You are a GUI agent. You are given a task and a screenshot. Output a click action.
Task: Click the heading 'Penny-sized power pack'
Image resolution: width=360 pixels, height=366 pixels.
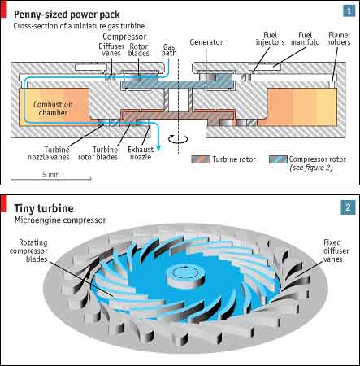point(67,15)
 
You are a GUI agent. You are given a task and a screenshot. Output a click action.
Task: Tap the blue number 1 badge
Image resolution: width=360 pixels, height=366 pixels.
point(349,11)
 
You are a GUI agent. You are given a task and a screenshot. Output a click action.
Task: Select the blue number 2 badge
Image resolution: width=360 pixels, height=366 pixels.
point(348,207)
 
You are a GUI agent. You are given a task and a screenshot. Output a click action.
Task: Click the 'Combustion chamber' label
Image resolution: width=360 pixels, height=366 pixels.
point(53,108)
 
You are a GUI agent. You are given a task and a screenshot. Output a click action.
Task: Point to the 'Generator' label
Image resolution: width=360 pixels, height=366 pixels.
point(206,42)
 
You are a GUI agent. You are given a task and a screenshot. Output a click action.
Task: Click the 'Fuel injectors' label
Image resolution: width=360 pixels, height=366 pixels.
point(270,38)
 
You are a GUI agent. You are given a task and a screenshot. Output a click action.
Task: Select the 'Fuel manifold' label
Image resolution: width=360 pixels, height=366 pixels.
point(306,38)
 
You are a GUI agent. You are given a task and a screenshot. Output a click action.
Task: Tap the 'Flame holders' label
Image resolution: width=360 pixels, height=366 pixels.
point(338,38)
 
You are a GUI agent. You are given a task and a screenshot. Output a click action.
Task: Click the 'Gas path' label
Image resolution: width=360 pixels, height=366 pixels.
point(169,50)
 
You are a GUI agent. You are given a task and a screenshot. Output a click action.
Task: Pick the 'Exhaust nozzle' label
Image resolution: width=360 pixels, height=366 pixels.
point(141,153)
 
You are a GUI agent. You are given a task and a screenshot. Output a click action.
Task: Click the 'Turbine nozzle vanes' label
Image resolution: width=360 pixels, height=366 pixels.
point(49,153)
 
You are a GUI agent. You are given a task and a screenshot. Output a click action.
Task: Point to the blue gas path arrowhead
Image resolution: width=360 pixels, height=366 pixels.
point(158,148)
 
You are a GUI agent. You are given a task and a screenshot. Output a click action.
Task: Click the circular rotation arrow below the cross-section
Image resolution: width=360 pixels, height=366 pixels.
point(178,139)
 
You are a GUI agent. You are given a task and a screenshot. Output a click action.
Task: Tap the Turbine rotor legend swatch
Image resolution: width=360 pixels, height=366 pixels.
point(201,159)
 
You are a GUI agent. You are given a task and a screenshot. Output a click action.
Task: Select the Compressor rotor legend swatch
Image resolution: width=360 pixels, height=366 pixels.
point(278,159)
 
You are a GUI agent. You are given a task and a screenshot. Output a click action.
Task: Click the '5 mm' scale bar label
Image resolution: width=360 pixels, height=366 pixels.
point(50,175)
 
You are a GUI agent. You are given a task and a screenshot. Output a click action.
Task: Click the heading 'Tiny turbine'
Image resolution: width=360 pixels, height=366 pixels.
point(44,208)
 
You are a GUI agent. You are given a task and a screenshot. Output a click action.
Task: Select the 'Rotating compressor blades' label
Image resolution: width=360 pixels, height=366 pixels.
point(28,251)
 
